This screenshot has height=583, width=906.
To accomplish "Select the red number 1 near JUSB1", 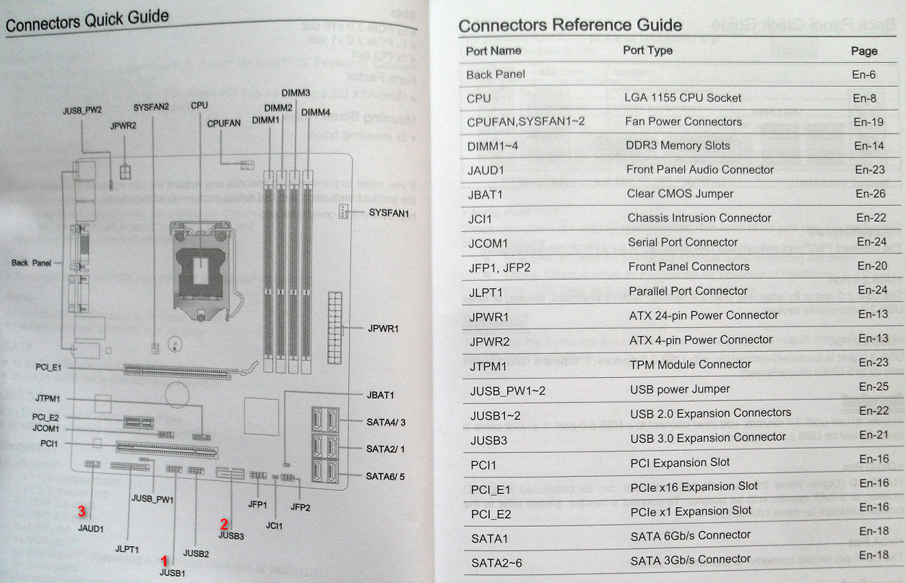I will (165, 560).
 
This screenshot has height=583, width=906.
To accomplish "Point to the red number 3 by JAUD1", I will (82, 511).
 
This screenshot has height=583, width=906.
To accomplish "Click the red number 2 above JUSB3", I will (225, 524).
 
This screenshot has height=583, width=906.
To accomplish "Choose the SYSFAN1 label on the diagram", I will (389, 213).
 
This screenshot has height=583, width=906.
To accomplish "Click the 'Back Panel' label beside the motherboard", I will (32, 263).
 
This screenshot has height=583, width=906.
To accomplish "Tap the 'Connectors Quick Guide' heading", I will (87, 21).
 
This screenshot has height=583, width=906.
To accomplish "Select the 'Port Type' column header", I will (647, 51).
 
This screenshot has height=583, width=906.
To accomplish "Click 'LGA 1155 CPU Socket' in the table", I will (683, 98).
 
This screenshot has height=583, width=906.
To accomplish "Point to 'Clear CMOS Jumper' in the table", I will (680, 194).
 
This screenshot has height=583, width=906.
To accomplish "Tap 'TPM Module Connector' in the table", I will (691, 364).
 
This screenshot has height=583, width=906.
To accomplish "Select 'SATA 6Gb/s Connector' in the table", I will (691, 535).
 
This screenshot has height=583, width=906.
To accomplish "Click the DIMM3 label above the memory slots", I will (295, 93).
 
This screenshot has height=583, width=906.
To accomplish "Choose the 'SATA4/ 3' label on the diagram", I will (385, 422).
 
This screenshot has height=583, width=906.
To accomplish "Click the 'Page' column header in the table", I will (864, 51).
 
